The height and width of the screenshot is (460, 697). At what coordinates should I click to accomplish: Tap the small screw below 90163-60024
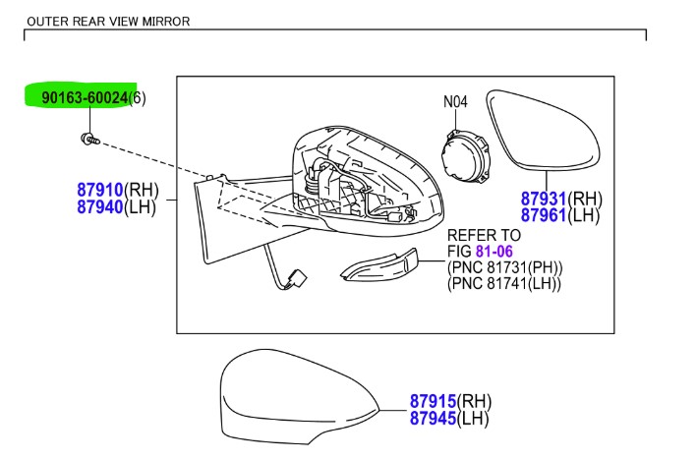[87, 140]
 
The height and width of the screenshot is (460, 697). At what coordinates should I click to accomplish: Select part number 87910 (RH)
[100, 189]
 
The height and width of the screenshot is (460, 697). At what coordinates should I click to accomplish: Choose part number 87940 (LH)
[100, 206]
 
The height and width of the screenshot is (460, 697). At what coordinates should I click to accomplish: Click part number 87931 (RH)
[544, 198]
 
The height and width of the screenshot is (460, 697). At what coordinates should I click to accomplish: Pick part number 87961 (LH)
[544, 215]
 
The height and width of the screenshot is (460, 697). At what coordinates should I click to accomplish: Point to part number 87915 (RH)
[435, 401]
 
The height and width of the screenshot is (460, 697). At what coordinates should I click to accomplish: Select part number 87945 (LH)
[435, 419]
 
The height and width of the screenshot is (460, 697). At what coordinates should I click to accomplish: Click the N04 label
[456, 100]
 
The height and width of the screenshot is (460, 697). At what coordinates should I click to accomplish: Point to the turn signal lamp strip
[378, 268]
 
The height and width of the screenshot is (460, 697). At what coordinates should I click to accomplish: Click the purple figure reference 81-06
[494, 252]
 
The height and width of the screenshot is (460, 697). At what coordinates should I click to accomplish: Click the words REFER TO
[484, 236]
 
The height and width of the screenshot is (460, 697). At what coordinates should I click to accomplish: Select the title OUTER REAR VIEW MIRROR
[108, 21]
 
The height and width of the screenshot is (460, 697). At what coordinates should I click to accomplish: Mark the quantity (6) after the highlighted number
[139, 97]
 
